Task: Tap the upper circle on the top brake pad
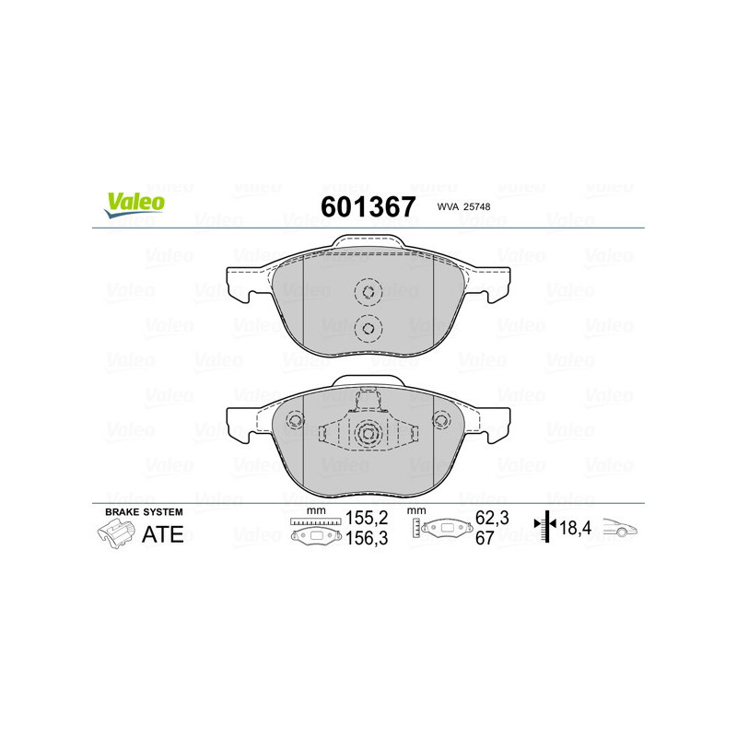(368, 294)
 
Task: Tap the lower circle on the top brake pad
(368, 327)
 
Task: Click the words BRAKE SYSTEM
(144, 511)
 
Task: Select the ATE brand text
(163, 533)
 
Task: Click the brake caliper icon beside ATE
(114, 533)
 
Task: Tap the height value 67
(482, 540)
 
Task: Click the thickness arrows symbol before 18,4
(546, 527)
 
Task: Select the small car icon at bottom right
(622, 530)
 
